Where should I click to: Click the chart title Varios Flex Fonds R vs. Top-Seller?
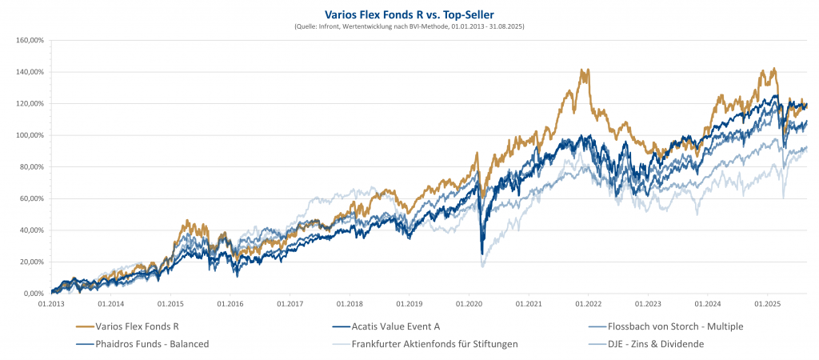pyautogui.click(x=409, y=14)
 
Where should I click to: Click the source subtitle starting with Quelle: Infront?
pyautogui.click(x=409, y=26)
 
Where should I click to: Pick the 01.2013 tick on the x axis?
pyautogui.click(x=51, y=304)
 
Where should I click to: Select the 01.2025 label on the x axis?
pyautogui.click(x=767, y=304)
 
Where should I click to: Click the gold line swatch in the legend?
pyautogui.click(x=82, y=326)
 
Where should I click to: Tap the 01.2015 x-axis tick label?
pyautogui.click(x=170, y=304)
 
